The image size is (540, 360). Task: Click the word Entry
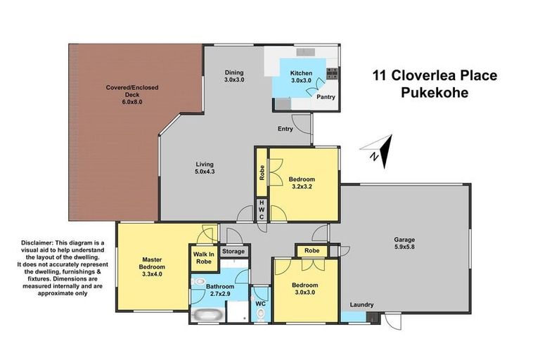pyautogui.click(x=285, y=129)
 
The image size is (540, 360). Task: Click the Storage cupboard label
pyautogui.click(x=233, y=251)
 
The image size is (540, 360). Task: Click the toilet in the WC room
pyautogui.click(x=260, y=314)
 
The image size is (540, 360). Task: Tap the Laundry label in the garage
pyautogui.click(x=359, y=304)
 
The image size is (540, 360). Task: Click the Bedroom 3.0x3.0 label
pyautogui.click(x=305, y=290)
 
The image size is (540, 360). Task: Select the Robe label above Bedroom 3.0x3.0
pyautogui.click(x=311, y=250)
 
